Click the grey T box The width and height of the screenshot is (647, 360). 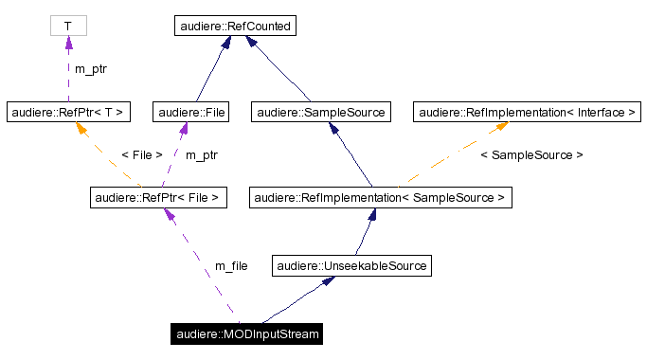pos(67,26)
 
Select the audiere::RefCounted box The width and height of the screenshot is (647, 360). pos(236,26)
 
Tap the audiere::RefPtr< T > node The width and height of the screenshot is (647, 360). pos(67,112)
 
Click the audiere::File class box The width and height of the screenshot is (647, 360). pos(193,112)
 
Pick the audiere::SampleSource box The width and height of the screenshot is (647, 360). pos(321,112)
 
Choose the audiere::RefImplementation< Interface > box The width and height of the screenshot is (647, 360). pos(527,112)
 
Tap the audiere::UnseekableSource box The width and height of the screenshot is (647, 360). pos(351,266)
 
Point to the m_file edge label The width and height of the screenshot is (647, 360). pos(231,266)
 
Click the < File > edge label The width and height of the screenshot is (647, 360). pos(142,154)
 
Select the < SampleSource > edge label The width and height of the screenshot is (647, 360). pos(531,154)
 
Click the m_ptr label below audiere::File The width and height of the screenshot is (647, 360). pos(201,154)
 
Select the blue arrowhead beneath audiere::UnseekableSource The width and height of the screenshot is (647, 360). pos(327,282)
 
